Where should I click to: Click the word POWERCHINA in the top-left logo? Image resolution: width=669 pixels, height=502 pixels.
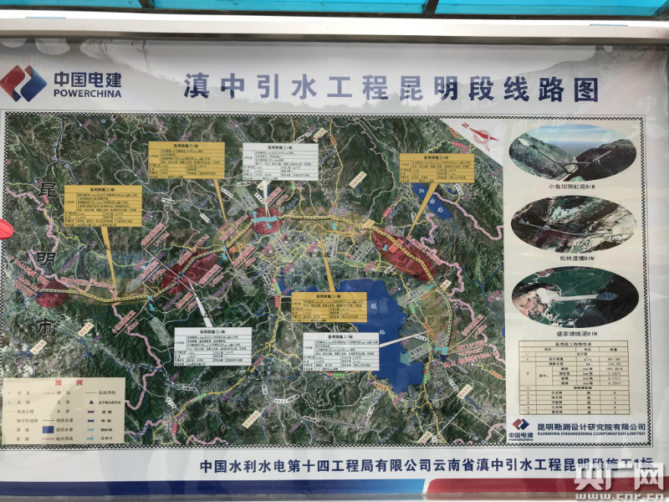(87, 94)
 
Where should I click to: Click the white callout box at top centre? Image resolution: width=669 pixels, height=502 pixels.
(280, 161)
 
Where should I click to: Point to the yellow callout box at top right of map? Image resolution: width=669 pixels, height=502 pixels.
(436, 172)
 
